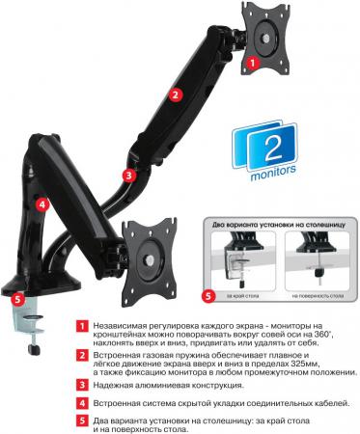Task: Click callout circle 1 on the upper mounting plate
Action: click(x=253, y=63)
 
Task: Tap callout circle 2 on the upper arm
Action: click(x=175, y=95)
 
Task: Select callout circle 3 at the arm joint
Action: click(x=129, y=176)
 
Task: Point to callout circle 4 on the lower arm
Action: click(x=42, y=204)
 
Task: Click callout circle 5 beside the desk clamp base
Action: click(x=17, y=299)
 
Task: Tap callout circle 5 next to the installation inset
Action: click(x=208, y=296)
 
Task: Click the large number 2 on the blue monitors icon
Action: click(x=273, y=149)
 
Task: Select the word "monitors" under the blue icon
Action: click(x=273, y=171)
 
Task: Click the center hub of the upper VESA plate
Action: click(x=266, y=38)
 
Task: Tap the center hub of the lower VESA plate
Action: click(x=150, y=259)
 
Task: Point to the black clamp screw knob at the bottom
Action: click(x=34, y=349)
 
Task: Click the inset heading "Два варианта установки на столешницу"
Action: click(x=279, y=225)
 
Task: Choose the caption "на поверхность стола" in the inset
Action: click(x=318, y=296)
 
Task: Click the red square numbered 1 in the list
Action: click(x=82, y=326)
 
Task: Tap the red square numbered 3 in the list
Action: click(x=82, y=385)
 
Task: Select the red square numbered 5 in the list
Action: click(x=82, y=420)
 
